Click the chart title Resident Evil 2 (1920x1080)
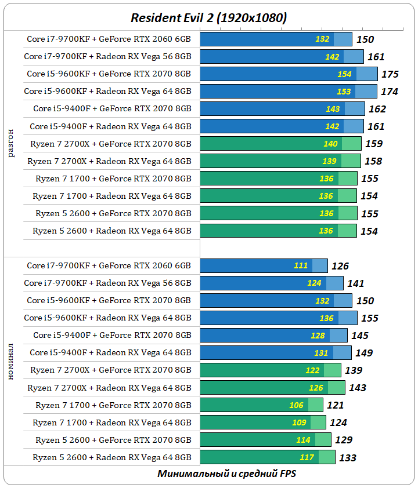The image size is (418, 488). coord(208,18)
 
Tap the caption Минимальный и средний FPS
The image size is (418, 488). coord(228,474)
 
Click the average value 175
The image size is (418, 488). coord(390,74)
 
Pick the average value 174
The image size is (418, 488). coord(389,92)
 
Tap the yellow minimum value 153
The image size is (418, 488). coord(344,92)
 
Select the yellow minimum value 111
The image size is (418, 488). coord(301,265)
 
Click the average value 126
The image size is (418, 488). coord(340,266)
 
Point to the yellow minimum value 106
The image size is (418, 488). coord(296,405)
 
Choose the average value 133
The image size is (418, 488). coord(347,458)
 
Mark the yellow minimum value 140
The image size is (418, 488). coord(330,144)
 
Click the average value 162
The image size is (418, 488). coord(377,109)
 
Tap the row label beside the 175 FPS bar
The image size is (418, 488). coord(109,74)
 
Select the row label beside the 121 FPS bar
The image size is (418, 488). coord(113,405)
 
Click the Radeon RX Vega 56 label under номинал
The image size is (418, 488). coord(107,283)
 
